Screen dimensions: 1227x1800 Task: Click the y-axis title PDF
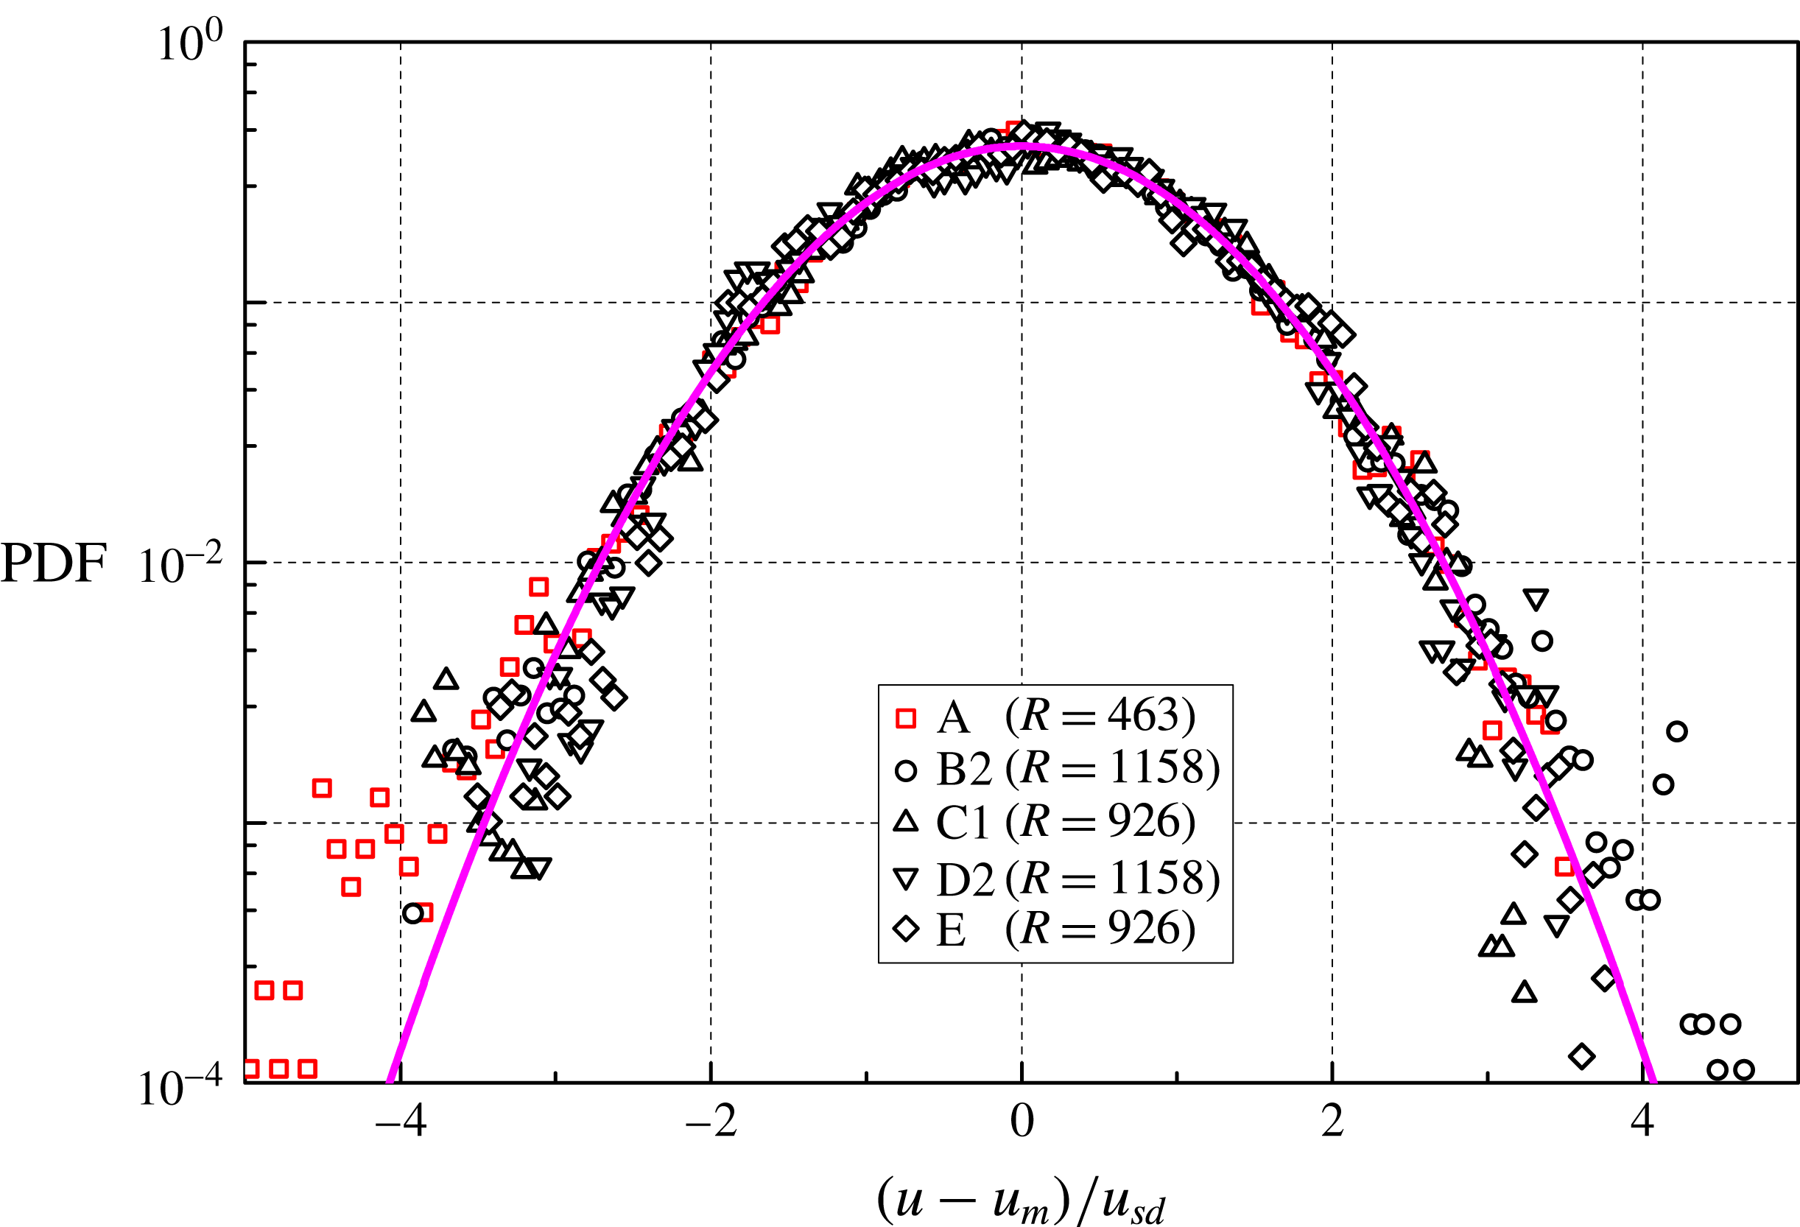[x=53, y=563]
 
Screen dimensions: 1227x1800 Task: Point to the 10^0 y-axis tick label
[x=189, y=43]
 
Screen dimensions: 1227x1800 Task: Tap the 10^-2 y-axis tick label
[x=180, y=565]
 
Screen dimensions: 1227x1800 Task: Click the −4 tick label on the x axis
[x=401, y=1121]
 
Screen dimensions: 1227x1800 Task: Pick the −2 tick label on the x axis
[x=711, y=1121]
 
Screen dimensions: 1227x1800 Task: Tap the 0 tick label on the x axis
[x=1022, y=1121]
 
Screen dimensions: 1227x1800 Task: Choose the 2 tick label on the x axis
[x=1332, y=1121]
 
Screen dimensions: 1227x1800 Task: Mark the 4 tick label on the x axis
[x=1642, y=1121]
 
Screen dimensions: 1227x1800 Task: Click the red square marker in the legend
[x=905, y=718]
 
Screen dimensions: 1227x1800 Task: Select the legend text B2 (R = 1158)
[x=1078, y=768]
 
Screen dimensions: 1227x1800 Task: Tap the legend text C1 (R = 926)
[x=1066, y=822]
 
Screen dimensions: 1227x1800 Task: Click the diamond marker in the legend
[x=905, y=928]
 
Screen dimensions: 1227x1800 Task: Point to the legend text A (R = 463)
[x=1066, y=716]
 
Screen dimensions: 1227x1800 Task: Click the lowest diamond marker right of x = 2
[x=1581, y=1056]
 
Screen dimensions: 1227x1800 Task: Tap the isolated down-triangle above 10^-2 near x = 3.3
[x=1535, y=599]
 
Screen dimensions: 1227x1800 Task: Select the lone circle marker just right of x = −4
[x=414, y=913]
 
